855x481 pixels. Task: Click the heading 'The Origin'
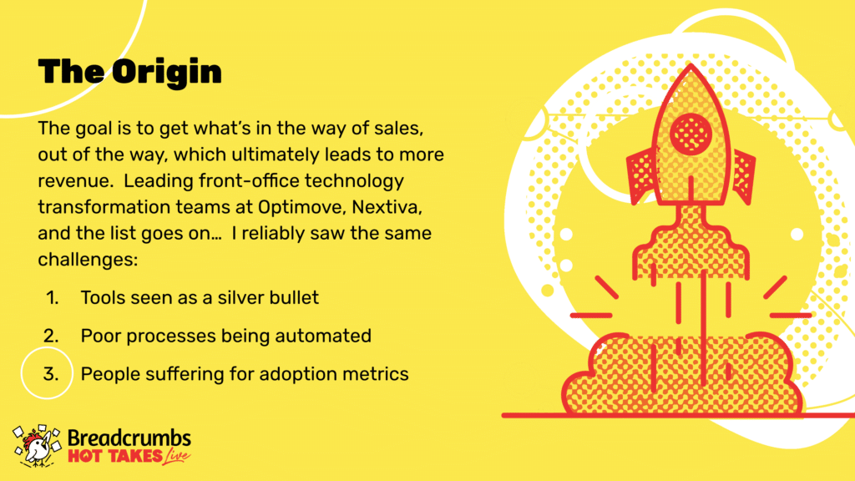(x=129, y=72)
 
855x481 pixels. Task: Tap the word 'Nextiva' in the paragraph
(x=387, y=207)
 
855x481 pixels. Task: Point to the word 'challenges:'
(x=88, y=259)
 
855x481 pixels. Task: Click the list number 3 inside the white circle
(x=51, y=374)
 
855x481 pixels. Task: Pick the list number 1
(x=53, y=298)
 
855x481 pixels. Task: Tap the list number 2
(x=51, y=336)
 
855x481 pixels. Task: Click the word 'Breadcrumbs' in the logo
(x=129, y=438)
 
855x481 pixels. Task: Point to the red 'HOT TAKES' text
(x=115, y=457)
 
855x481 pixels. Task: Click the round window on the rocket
(x=691, y=133)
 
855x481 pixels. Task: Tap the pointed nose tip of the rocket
(x=691, y=64)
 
